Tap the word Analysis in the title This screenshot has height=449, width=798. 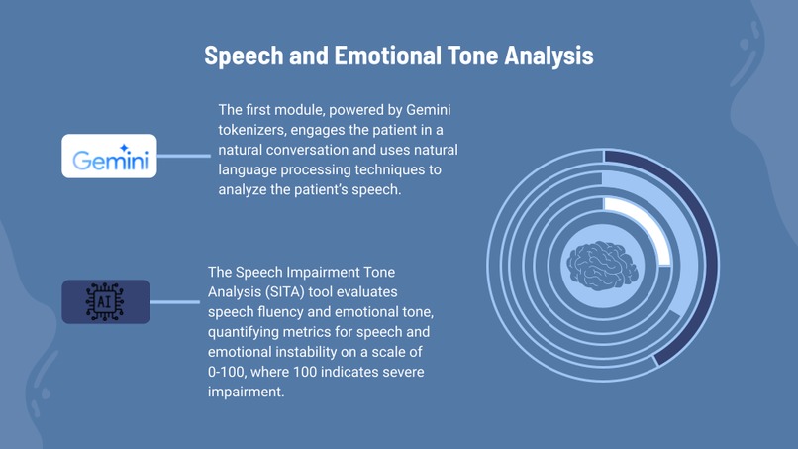click(548, 56)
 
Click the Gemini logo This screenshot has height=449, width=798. click(109, 157)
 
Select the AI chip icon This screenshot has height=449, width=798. click(106, 301)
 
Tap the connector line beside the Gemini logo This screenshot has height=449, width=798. click(184, 156)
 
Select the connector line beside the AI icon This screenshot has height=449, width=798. click(175, 302)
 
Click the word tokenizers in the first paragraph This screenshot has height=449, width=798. click(252, 130)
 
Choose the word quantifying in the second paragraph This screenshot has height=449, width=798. click(245, 331)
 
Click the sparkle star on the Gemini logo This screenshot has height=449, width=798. click(124, 147)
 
